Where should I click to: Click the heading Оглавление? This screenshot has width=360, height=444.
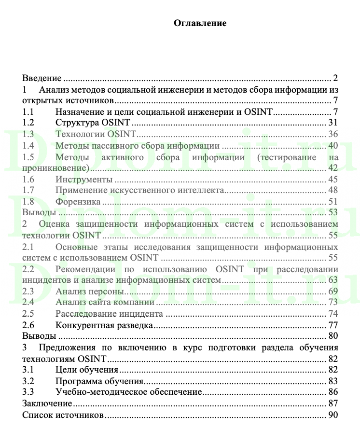(x=200, y=23)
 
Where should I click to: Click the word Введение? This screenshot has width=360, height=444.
(x=42, y=78)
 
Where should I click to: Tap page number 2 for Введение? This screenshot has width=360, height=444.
(x=335, y=78)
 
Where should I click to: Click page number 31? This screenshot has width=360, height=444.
(x=332, y=123)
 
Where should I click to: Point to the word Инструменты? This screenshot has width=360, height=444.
(x=81, y=179)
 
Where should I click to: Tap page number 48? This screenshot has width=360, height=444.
(x=332, y=190)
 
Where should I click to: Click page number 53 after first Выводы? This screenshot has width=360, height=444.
(x=332, y=212)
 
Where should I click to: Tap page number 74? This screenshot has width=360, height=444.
(x=332, y=314)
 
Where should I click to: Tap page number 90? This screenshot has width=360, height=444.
(x=332, y=414)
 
